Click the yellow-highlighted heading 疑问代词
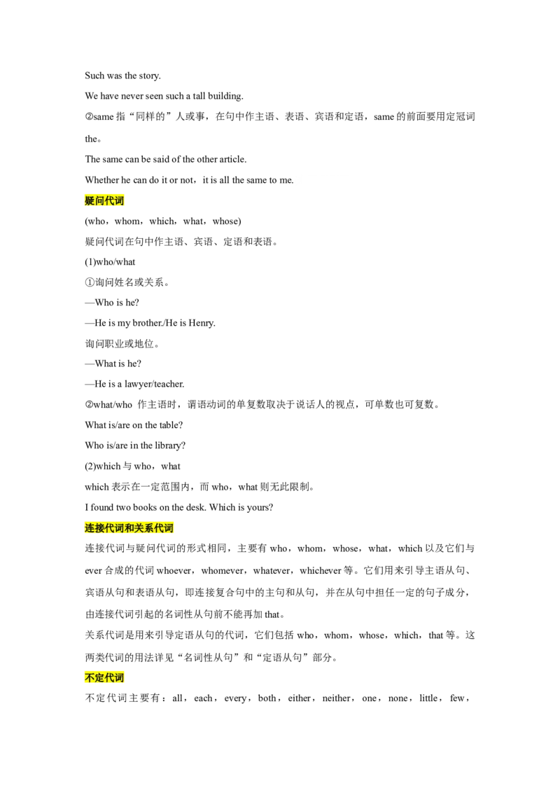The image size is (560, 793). [x=104, y=201]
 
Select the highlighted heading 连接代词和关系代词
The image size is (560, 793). [x=129, y=528]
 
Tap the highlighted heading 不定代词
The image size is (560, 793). [x=104, y=677]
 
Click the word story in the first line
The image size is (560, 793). [x=150, y=76]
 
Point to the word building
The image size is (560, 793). [x=225, y=96]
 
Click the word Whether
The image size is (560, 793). [x=101, y=180]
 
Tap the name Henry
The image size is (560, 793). [x=202, y=323]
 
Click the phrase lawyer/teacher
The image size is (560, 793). [x=154, y=385]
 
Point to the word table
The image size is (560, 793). [x=171, y=425]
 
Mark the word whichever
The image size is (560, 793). [x=321, y=571]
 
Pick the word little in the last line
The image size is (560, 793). [x=428, y=698]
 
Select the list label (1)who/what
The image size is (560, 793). [x=110, y=262]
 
